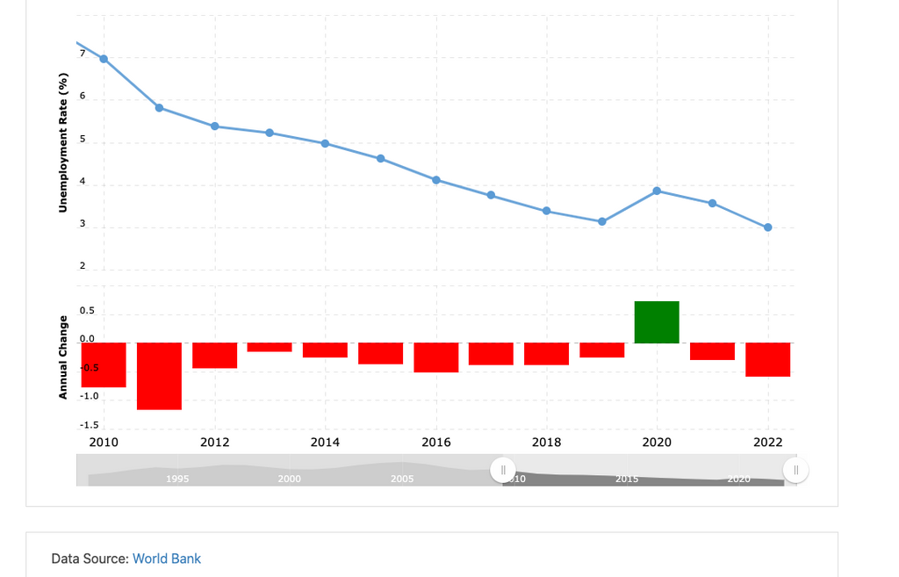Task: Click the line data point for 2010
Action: (x=104, y=59)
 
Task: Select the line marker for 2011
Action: (x=159, y=107)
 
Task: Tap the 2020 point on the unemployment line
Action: (x=657, y=191)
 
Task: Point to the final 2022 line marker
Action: (x=768, y=227)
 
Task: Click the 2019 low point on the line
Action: (x=602, y=221)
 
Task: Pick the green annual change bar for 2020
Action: (x=657, y=322)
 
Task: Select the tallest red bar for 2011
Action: (x=159, y=376)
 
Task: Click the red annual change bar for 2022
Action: (x=768, y=360)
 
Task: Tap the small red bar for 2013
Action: (x=270, y=347)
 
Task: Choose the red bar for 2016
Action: (x=436, y=357)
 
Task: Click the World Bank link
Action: (x=167, y=559)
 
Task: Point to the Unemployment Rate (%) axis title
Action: (x=63, y=144)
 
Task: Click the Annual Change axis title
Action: (x=63, y=357)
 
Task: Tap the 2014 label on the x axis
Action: (x=326, y=443)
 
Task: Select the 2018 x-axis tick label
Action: (x=546, y=443)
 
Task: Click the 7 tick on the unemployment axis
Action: (x=83, y=54)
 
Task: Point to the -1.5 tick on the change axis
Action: (x=90, y=425)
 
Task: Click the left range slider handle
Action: (x=503, y=470)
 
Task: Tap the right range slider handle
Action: (x=795, y=470)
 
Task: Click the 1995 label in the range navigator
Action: (x=176, y=479)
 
